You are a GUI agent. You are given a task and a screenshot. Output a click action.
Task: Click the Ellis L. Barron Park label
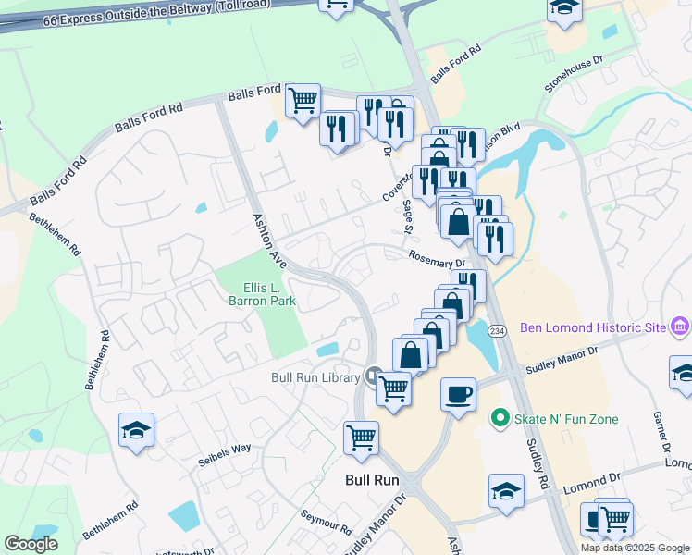pyautogui.click(x=262, y=293)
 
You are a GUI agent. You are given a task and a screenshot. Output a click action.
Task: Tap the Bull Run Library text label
pyautogui.click(x=315, y=376)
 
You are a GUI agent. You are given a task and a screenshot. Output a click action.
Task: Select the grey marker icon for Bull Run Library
pyautogui.click(x=374, y=376)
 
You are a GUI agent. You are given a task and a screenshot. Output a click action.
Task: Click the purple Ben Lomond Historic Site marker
pyautogui.click(x=682, y=326)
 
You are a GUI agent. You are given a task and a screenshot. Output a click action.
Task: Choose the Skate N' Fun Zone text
pyautogui.click(x=566, y=419)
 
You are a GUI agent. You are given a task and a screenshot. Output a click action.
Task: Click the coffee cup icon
pyautogui.click(x=458, y=395)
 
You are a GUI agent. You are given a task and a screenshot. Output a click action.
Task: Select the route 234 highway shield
pyautogui.click(x=497, y=331)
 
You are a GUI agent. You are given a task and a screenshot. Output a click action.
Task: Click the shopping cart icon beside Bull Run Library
pyautogui.click(x=394, y=388)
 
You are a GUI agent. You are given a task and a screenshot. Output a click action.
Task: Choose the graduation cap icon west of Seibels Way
pyautogui.click(x=137, y=430)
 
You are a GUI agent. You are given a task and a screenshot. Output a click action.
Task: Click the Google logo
pyautogui.click(x=31, y=544)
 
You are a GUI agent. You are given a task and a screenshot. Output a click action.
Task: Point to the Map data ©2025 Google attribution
pyautogui.click(x=635, y=548)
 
